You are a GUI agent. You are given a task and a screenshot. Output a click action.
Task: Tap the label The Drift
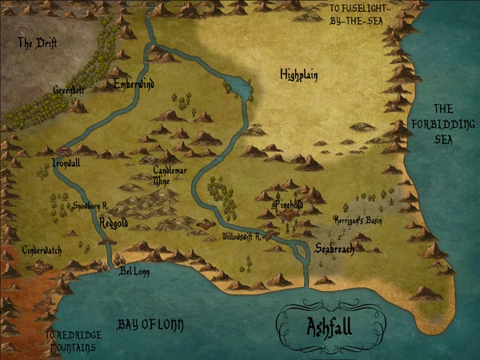click(x=37, y=43)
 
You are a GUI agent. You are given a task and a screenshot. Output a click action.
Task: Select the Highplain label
click(x=299, y=75)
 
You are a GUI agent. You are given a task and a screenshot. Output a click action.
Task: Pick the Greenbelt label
click(x=69, y=90)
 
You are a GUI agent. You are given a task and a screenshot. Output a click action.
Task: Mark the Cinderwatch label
click(x=42, y=250)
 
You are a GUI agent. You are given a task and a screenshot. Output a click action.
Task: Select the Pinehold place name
click(x=289, y=206)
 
